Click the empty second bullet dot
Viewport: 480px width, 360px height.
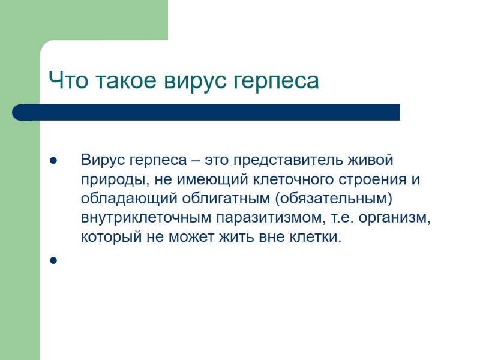tap(53, 260)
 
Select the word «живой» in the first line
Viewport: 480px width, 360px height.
tap(376, 161)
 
